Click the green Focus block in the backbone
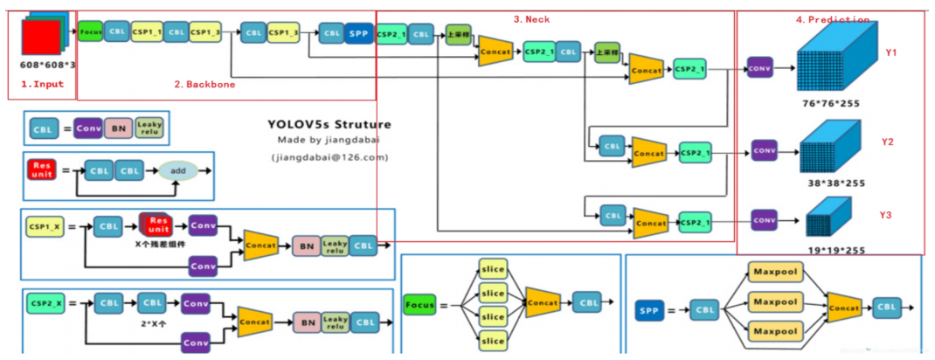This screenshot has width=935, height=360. [90, 32]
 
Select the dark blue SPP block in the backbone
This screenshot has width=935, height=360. [357, 34]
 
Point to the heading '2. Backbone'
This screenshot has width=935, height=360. [204, 85]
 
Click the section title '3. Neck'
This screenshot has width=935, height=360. [531, 19]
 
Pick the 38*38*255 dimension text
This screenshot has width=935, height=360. [830, 184]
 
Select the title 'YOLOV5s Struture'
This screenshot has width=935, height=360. [329, 124]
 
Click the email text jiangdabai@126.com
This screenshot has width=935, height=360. [328, 158]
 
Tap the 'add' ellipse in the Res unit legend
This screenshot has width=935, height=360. [178, 171]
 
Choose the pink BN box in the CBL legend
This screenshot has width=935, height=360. [118, 128]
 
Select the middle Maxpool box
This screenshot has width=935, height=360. [775, 302]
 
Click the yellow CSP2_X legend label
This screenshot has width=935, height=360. [45, 303]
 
